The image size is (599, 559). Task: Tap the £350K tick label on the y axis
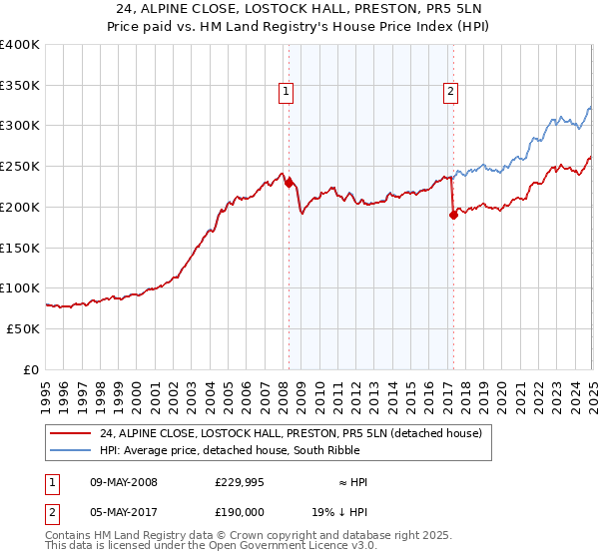coord(20,85)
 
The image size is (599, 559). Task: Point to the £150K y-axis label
coord(20,247)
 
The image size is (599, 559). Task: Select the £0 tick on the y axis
coord(30,368)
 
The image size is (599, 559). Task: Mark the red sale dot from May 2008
coord(289,183)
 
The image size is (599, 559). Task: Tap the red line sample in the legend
coord(71,433)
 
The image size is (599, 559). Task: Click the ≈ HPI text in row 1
coord(351,482)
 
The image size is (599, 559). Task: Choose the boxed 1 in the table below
coord(49,482)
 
